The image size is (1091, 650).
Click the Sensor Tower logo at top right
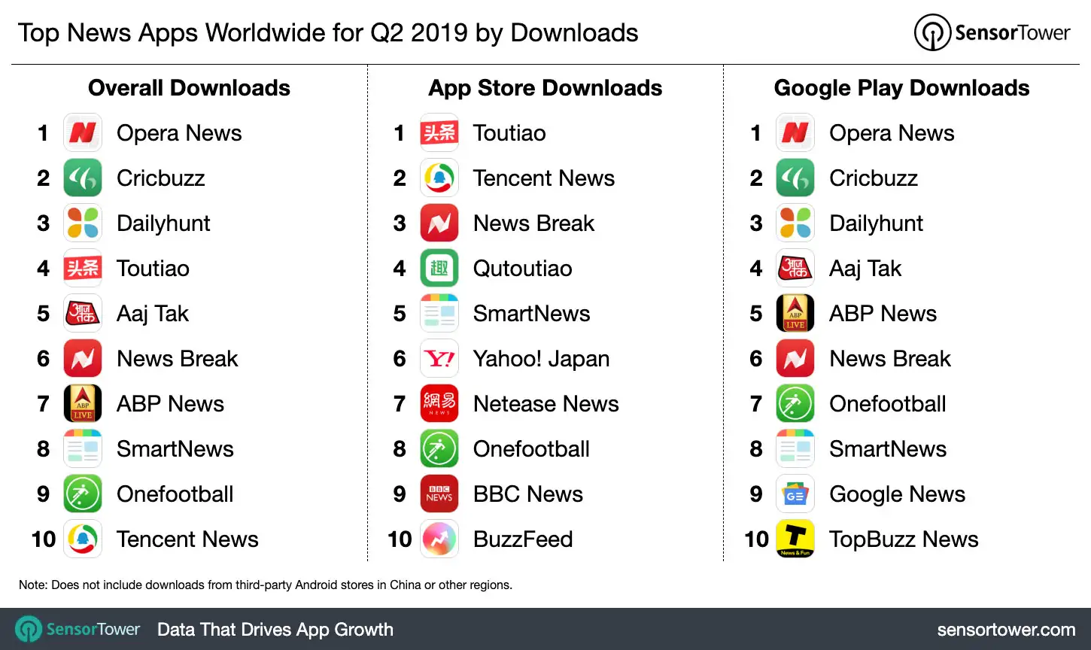coord(992,32)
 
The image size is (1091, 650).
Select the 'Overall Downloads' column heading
coord(189,88)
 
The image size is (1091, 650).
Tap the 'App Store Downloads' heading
coord(545,88)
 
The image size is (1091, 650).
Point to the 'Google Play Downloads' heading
coord(901,88)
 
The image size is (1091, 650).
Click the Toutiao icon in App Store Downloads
coord(439,133)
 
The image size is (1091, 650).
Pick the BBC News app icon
coord(439,494)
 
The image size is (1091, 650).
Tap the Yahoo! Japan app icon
coord(439,359)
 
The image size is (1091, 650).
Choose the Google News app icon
coord(795,494)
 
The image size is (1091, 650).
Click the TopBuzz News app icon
coord(795,539)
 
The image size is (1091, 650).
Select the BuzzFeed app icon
coord(439,539)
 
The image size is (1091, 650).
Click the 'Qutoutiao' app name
coord(522,269)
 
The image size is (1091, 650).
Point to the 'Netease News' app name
coord(545,404)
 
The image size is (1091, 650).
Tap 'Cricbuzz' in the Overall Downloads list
coord(161,178)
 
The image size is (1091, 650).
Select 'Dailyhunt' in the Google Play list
coord(876,223)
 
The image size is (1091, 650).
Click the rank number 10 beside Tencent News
coord(44,539)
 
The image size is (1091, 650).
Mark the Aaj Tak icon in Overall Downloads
coord(83,314)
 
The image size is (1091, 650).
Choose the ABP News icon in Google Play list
coord(795,314)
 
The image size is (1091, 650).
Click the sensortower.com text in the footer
coord(1006,630)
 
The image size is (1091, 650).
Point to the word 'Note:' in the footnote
coord(33,585)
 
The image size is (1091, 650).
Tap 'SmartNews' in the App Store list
coord(531,314)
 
